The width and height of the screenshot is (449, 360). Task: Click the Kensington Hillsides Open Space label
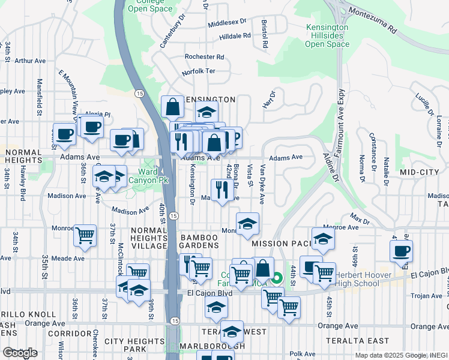(x=327, y=36)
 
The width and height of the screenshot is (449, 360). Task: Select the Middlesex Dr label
(x=228, y=23)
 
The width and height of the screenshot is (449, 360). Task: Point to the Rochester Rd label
(x=204, y=57)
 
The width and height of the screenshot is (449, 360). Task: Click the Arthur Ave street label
(x=30, y=61)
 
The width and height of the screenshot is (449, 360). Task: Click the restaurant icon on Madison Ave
(x=223, y=190)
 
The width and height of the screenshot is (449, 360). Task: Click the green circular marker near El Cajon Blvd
(x=277, y=278)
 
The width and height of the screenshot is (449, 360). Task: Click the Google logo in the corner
(x=20, y=353)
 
